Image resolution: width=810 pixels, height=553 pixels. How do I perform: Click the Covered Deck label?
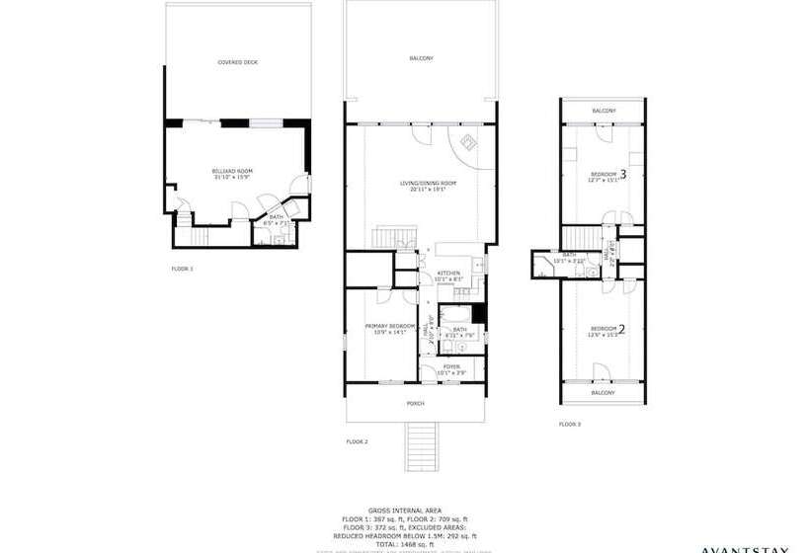pos(237,62)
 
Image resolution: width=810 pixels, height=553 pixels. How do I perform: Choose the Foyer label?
pos(451,368)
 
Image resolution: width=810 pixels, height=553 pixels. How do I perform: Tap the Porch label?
pos(416,404)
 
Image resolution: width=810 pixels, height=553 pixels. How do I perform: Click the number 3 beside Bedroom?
pos(623,173)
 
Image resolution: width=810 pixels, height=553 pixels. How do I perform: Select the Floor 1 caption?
pos(183,269)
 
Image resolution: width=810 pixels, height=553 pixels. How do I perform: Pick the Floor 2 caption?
pos(357,440)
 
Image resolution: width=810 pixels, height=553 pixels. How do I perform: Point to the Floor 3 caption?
pos(570,424)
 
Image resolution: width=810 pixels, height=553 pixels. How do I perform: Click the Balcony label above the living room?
pos(421,59)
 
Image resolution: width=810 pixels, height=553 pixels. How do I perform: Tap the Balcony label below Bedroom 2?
pos(604,393)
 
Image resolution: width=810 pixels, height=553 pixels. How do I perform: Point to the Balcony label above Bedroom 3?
pos(604,111)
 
